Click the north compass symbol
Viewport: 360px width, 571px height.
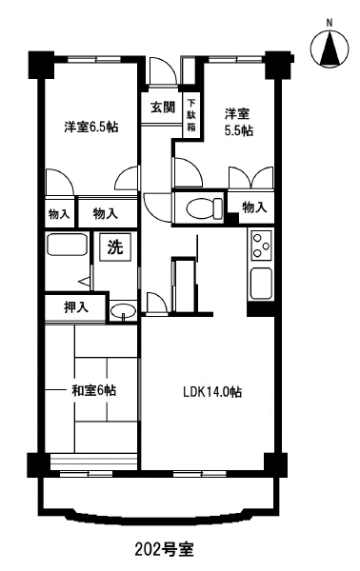tap(330, 49)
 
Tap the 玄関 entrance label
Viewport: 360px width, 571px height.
tap(163, 108)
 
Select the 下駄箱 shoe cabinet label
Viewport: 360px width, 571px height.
tap(191, 115)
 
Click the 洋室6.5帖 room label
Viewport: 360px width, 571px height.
tap(91, 128)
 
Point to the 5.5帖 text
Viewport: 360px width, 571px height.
tap(239, 130)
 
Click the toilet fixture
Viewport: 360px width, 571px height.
tap(205, 208)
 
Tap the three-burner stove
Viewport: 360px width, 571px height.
tap(261, 246)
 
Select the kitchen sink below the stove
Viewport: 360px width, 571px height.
tap(261, 284)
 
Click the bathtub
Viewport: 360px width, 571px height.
tap(67, 245)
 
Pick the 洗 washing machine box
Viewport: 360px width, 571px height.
tap(115, 247)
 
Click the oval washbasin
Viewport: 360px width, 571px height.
tap(123, 312)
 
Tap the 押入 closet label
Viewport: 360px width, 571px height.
tap(76, 307)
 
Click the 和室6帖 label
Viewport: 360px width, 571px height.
tap(94, 391)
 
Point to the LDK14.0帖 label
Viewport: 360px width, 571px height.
tap(212, 392)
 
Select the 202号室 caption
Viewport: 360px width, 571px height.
tap(164, 549)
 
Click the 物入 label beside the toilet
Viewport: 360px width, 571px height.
tap(254, 207)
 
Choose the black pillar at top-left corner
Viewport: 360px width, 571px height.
tap(41, 66)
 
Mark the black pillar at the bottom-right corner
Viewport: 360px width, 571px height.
tap(276, 464)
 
